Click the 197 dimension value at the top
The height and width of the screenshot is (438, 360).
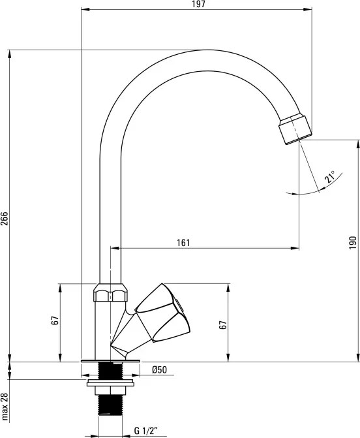[x=199, y=5]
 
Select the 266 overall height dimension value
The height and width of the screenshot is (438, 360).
[x=5, y=219]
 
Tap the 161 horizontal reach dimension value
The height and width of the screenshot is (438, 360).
[x=183, y=243]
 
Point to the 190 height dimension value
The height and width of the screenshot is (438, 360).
[x=353, y=242]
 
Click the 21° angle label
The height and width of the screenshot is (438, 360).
[x=330, y=178]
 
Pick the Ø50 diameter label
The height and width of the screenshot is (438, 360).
[x=160, y=370]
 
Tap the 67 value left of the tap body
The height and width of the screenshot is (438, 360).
[x=55, y=321]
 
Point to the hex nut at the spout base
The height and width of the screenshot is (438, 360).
[x=109, y=293]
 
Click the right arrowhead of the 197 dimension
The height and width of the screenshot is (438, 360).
[x=308, y=10]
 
